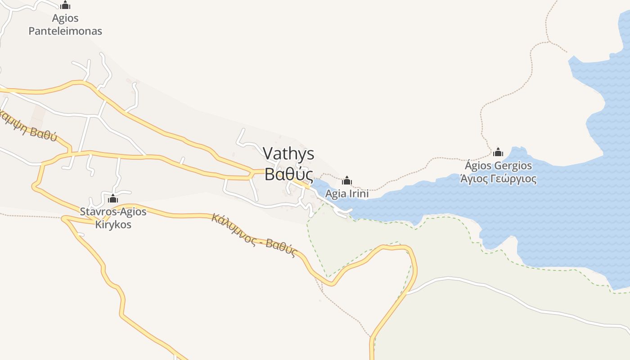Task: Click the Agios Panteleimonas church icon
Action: [65, 5]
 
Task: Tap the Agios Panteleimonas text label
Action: [65, 25]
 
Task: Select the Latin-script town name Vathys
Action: [288, 153]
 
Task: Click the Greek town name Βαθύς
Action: [288, 174]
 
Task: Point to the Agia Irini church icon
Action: [347, 180]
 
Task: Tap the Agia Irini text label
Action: [347, 194]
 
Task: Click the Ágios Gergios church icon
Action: [498, 152]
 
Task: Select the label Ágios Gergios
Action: [498, 166]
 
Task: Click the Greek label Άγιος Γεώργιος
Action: [498, 179]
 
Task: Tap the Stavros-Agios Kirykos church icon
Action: [113, 198]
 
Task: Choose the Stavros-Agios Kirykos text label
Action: [113, 218]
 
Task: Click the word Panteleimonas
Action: [65, 31]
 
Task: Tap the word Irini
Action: [359, 194]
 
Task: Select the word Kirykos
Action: [113, 224]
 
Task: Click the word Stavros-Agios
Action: [113, 211]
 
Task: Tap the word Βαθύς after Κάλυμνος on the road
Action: [282, 247]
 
